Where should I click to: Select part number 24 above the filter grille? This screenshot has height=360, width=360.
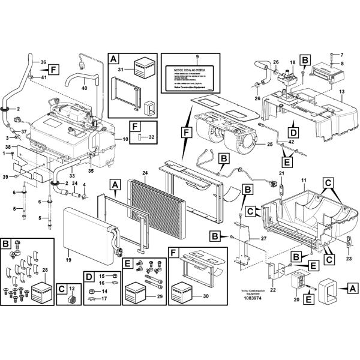145,174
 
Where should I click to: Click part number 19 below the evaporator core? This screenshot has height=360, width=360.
68,260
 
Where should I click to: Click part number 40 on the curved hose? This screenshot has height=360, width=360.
84,88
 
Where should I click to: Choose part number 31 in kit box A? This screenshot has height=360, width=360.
119,70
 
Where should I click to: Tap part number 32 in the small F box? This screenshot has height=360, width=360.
151,137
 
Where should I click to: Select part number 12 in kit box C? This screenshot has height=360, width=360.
73,288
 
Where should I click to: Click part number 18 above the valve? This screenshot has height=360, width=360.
293,62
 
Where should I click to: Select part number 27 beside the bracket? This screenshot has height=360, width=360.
262,238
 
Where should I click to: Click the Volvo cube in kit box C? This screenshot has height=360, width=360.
73,299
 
